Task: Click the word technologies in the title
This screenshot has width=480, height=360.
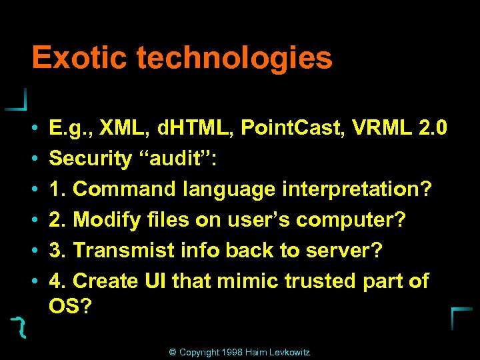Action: pos(234,59)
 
